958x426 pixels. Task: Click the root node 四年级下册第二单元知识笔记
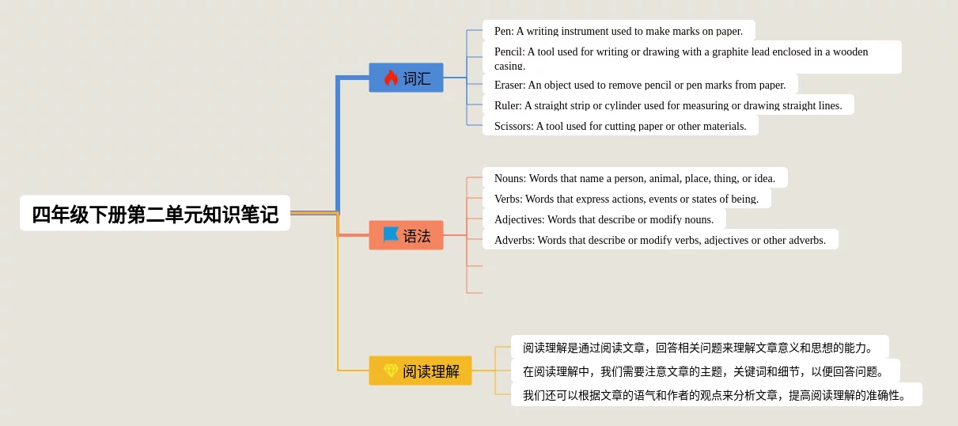(155, 214)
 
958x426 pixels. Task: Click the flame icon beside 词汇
(391, 78)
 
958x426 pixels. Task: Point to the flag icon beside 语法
(391, 235)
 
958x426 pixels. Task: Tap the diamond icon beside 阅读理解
(391, 371)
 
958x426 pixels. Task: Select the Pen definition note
(619, 31)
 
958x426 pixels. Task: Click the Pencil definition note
(691, 57)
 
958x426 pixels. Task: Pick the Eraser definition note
(639, 85)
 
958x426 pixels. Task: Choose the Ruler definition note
(668, 105)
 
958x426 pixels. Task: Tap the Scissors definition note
(620, 126)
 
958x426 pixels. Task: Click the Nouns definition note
(634, 178)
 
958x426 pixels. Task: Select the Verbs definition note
(626, 199)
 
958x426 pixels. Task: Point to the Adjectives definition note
(604, 219)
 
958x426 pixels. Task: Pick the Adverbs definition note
(660, 240)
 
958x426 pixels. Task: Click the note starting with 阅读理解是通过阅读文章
(699, 348)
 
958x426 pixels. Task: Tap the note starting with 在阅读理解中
(705, 371)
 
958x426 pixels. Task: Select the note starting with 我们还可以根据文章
(716, 395)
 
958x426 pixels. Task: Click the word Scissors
(513, 126)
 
